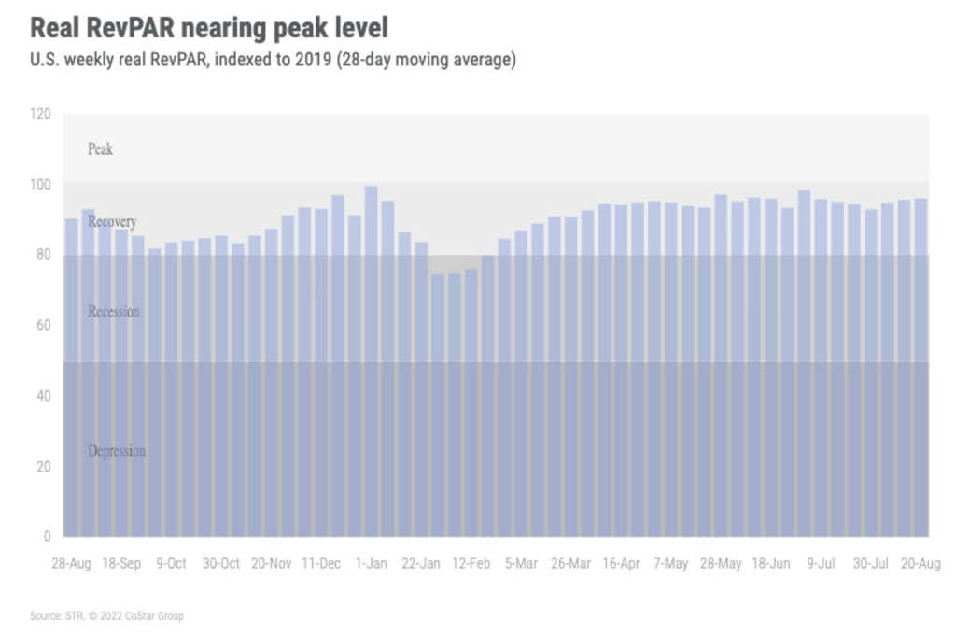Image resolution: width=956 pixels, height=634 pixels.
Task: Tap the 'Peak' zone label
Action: (100, 148)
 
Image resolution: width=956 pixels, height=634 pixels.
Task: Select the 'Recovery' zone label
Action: (112, 221)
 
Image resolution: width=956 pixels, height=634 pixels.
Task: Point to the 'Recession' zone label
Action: (114, 311)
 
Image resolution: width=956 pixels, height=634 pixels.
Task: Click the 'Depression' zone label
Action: (117, 451)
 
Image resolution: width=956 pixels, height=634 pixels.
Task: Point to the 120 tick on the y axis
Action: (40, 114)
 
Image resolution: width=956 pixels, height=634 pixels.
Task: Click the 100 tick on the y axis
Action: (40, 184)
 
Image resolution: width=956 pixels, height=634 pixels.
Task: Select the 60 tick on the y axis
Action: (43, 325)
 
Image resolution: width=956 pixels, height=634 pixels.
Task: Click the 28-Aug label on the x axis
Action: (71, 564)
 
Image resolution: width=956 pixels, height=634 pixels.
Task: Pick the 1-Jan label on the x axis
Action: (372, 564)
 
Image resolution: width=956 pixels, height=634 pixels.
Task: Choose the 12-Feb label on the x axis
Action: (471, 564)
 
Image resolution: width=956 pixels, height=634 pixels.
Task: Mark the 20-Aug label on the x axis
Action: (921, 564)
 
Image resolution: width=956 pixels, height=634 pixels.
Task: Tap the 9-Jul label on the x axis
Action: (821, 564)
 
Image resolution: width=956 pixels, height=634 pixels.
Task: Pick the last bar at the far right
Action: (921, 364)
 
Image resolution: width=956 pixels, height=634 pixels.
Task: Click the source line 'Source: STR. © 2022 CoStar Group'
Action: (107, 615)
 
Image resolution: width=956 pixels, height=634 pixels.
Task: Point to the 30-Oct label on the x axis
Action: (221, 564)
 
